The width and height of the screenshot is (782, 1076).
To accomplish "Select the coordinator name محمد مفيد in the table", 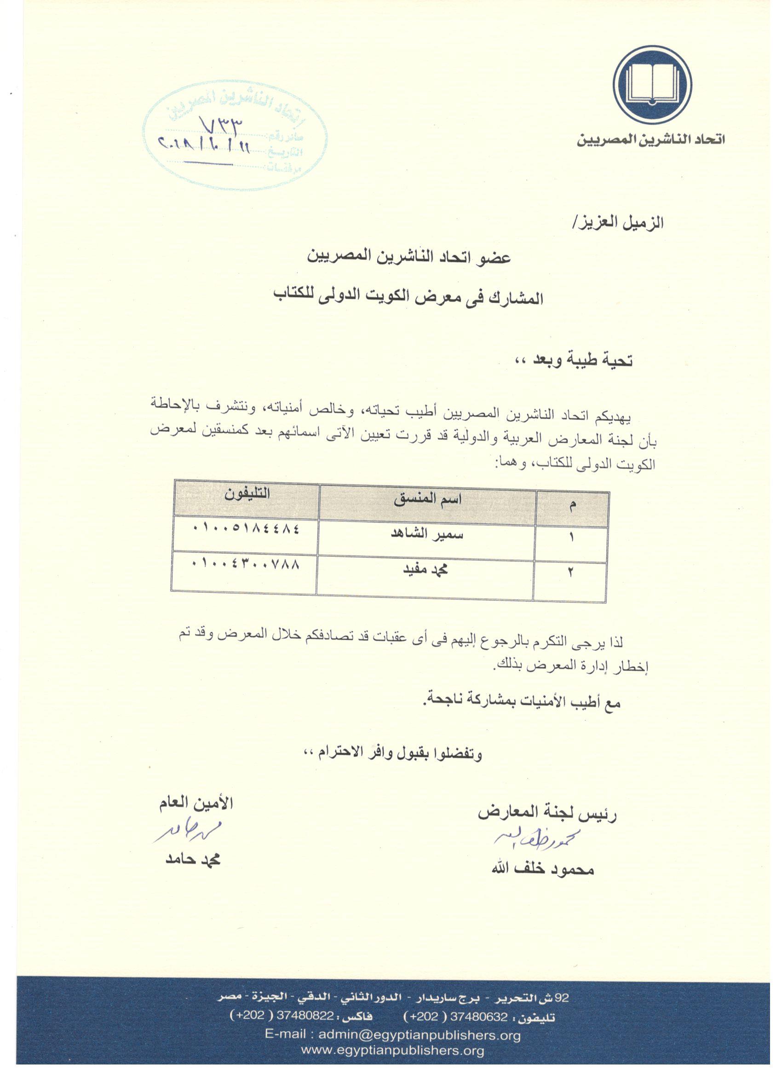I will pos(426,570).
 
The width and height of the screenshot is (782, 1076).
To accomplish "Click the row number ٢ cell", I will pos(570,573).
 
